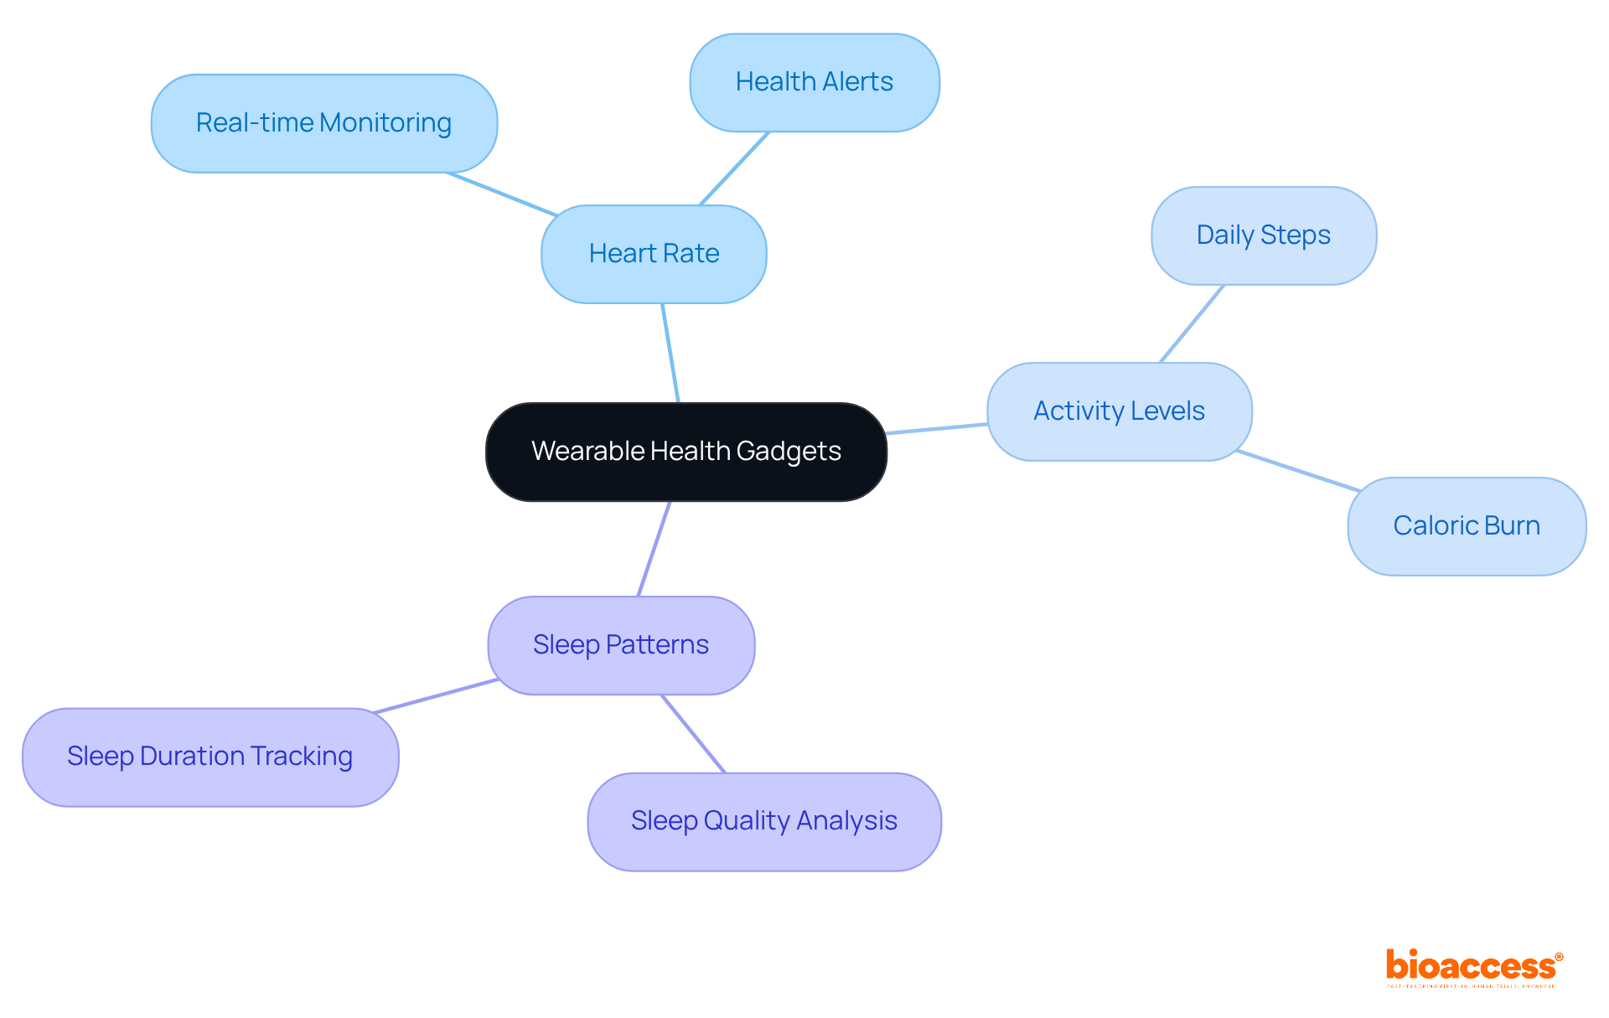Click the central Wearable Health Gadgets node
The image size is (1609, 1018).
pos(686,452)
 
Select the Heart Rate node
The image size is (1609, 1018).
pos(654,254)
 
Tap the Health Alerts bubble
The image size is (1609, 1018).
pos(814,82)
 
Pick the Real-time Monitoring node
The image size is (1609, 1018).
pos(323,123)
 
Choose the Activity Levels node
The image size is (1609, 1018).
pos(1119,411)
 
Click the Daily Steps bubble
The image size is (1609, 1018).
pos(1263,235)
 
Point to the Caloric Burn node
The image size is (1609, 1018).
pos(1466,526)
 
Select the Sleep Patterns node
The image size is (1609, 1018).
pos(621,645)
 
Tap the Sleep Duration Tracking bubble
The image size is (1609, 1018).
pos(210,757)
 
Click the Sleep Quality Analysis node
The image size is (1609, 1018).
pos(763,821)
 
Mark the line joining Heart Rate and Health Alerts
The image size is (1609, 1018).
pos(735,168)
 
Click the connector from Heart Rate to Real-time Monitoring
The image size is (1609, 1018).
pos(502,194)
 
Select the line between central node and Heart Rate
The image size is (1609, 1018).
pos(670,353)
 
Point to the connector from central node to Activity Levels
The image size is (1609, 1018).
pos(937,429)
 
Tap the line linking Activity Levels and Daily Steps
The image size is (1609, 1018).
pos(1192,323)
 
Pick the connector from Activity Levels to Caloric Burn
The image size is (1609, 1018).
pos(1298,471)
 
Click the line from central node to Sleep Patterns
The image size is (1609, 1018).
pos(654,549)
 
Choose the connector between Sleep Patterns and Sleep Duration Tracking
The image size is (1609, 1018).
pos(437,695)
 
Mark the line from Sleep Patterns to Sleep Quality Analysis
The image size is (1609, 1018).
pos(693,733)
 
